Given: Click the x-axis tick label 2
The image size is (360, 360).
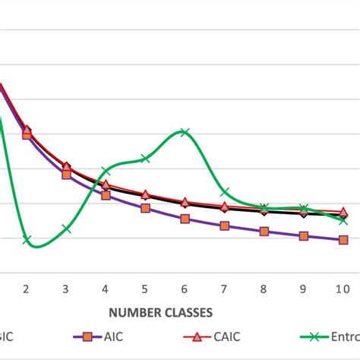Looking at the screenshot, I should coord(27,289).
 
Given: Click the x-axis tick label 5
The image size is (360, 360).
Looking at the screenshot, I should coord(145,289).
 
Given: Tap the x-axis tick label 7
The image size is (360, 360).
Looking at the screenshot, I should coord(224,289).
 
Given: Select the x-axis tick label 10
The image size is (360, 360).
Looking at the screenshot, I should coord(343,289).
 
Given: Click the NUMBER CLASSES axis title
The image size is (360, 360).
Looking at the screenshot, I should coord(160,311).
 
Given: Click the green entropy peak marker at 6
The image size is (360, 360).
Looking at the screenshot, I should coord(185,132).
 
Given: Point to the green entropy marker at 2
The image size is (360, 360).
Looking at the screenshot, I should coord(27,241).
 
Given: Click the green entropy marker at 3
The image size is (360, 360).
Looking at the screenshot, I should coord(66,228).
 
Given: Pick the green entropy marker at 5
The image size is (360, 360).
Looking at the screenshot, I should coord(145,158).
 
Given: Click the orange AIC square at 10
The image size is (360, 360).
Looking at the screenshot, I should coord(343,240).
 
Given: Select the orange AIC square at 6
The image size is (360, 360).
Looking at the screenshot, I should coord(185,219).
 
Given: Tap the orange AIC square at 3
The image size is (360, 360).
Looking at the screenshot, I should coord(66,174).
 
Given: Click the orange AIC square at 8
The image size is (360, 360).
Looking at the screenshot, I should coord(264,231).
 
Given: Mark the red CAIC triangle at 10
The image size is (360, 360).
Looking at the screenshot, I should coord(343,212).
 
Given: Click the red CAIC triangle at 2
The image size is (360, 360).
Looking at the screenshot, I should coord(27,131).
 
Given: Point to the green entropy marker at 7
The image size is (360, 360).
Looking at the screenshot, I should coord(224,192).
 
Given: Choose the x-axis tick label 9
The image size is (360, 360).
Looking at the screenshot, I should coord(303,289).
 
